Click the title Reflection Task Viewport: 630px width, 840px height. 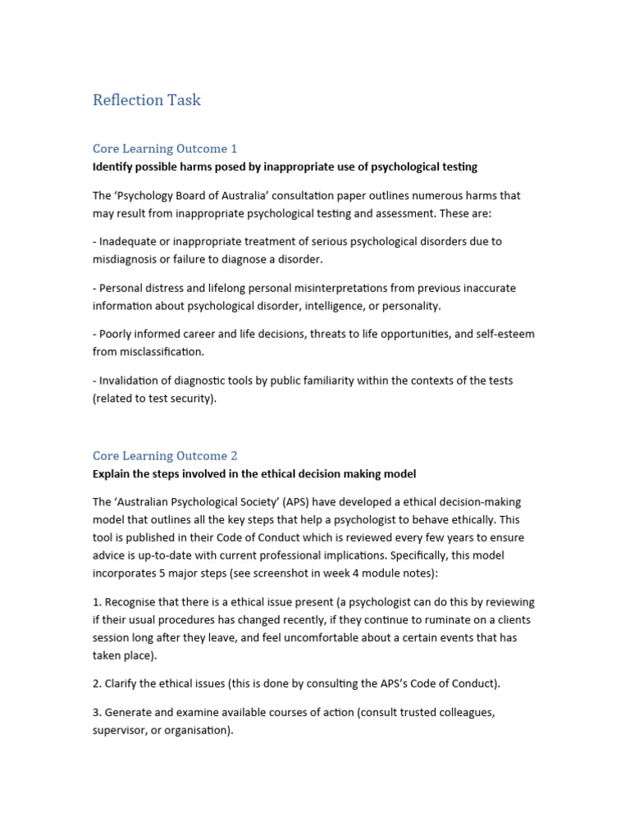(x=147, y=100)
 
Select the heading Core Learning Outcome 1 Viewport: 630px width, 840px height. (x=165, y=148)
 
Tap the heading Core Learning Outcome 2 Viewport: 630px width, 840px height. (x=165, y=455)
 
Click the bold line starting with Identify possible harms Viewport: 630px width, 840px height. (x=285, y=167)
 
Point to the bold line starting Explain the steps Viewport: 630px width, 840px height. (x=254, y=473)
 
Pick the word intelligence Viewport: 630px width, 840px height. (x=323, y=306)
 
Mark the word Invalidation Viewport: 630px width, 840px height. (x=133, y=381)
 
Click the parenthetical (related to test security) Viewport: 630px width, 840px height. (x=154, y=399)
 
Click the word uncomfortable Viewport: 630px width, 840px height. (x=322, y=637)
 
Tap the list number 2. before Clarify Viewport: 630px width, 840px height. (x=97, y=683)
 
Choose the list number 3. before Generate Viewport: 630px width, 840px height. (x=97, y=712)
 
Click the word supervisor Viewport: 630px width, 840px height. (x=122, y=730)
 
